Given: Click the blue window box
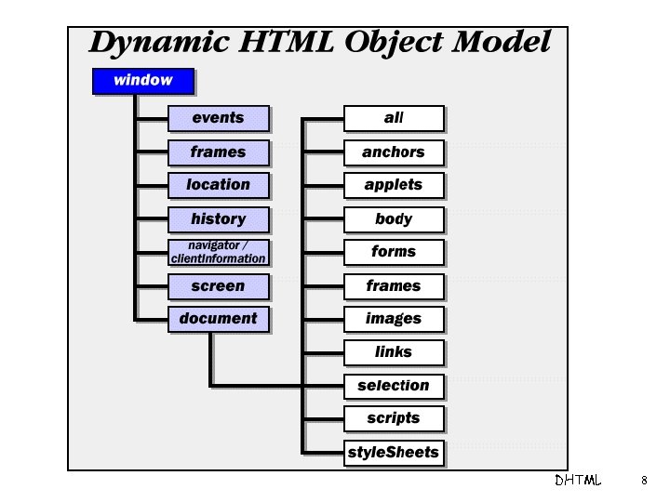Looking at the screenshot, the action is (x=143, y=80).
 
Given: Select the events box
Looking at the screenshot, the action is (x=219, y=118).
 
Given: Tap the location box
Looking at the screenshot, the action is (x=219, y=185).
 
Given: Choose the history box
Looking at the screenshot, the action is (x=219, y=219).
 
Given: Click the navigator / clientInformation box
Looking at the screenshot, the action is (x=219, y=252).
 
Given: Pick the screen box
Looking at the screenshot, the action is (x=219, y=286).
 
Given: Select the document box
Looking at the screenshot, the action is (x=219, y=319).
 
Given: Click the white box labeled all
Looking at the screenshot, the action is (x=394, y=118).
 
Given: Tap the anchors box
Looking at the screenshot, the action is (x=394, y=152).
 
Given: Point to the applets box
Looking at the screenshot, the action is (x=394, y=185).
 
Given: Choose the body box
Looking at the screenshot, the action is (x=394, y=219).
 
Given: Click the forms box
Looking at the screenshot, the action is (x=394, y=252).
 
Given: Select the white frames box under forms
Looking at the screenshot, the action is (x=394, y=286).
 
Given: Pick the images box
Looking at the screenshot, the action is (x=394, y=319).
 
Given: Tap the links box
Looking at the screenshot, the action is (x=394, y=352).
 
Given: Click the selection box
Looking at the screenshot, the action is (x=394, y=386).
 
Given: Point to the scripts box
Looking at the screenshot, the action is (x=394, y=418).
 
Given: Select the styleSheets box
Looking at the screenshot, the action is (x=394, y=453).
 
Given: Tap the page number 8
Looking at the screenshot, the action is (x=643, y=481).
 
